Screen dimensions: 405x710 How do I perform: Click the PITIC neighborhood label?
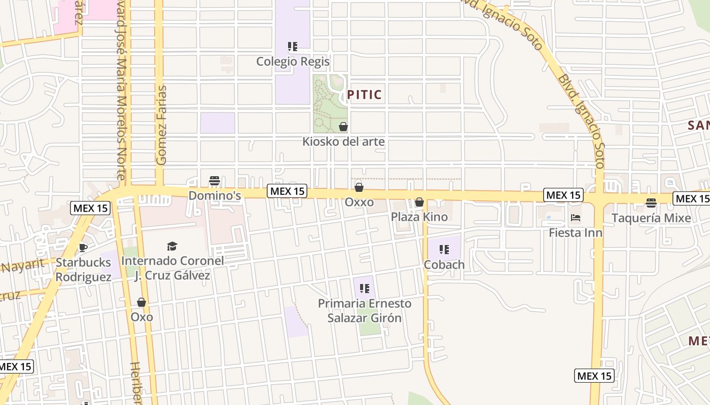click(364, 95)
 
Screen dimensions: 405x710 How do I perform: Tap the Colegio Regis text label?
click(293, 62)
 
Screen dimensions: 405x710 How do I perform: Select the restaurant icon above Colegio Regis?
click(293, 47)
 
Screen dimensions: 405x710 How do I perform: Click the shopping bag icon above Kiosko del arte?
click(343, 127)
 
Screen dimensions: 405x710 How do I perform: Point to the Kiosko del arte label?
click(343, 142)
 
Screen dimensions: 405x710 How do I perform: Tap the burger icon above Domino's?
click(215, 181)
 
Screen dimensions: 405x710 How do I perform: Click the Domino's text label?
click(215, 195)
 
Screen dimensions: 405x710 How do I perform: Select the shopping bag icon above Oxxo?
click(359, 187)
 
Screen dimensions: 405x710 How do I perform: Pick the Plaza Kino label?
click(419, 217)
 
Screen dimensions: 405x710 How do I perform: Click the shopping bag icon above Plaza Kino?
click(419, 202)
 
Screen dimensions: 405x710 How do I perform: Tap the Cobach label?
click(444, 264)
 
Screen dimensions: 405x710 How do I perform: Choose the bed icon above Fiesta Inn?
click(576, 218)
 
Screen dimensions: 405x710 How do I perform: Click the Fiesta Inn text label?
click(576, 233)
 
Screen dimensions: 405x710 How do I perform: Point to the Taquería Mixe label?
click(651, 218)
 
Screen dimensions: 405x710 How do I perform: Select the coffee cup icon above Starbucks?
click(83, 248)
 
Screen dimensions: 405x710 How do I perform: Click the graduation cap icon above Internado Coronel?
click(172, 247)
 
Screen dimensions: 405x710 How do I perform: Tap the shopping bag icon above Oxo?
click(141, 302)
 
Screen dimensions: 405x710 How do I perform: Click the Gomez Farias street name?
click(162, 125)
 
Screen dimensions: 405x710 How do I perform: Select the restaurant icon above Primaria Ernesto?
click(364, 289)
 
